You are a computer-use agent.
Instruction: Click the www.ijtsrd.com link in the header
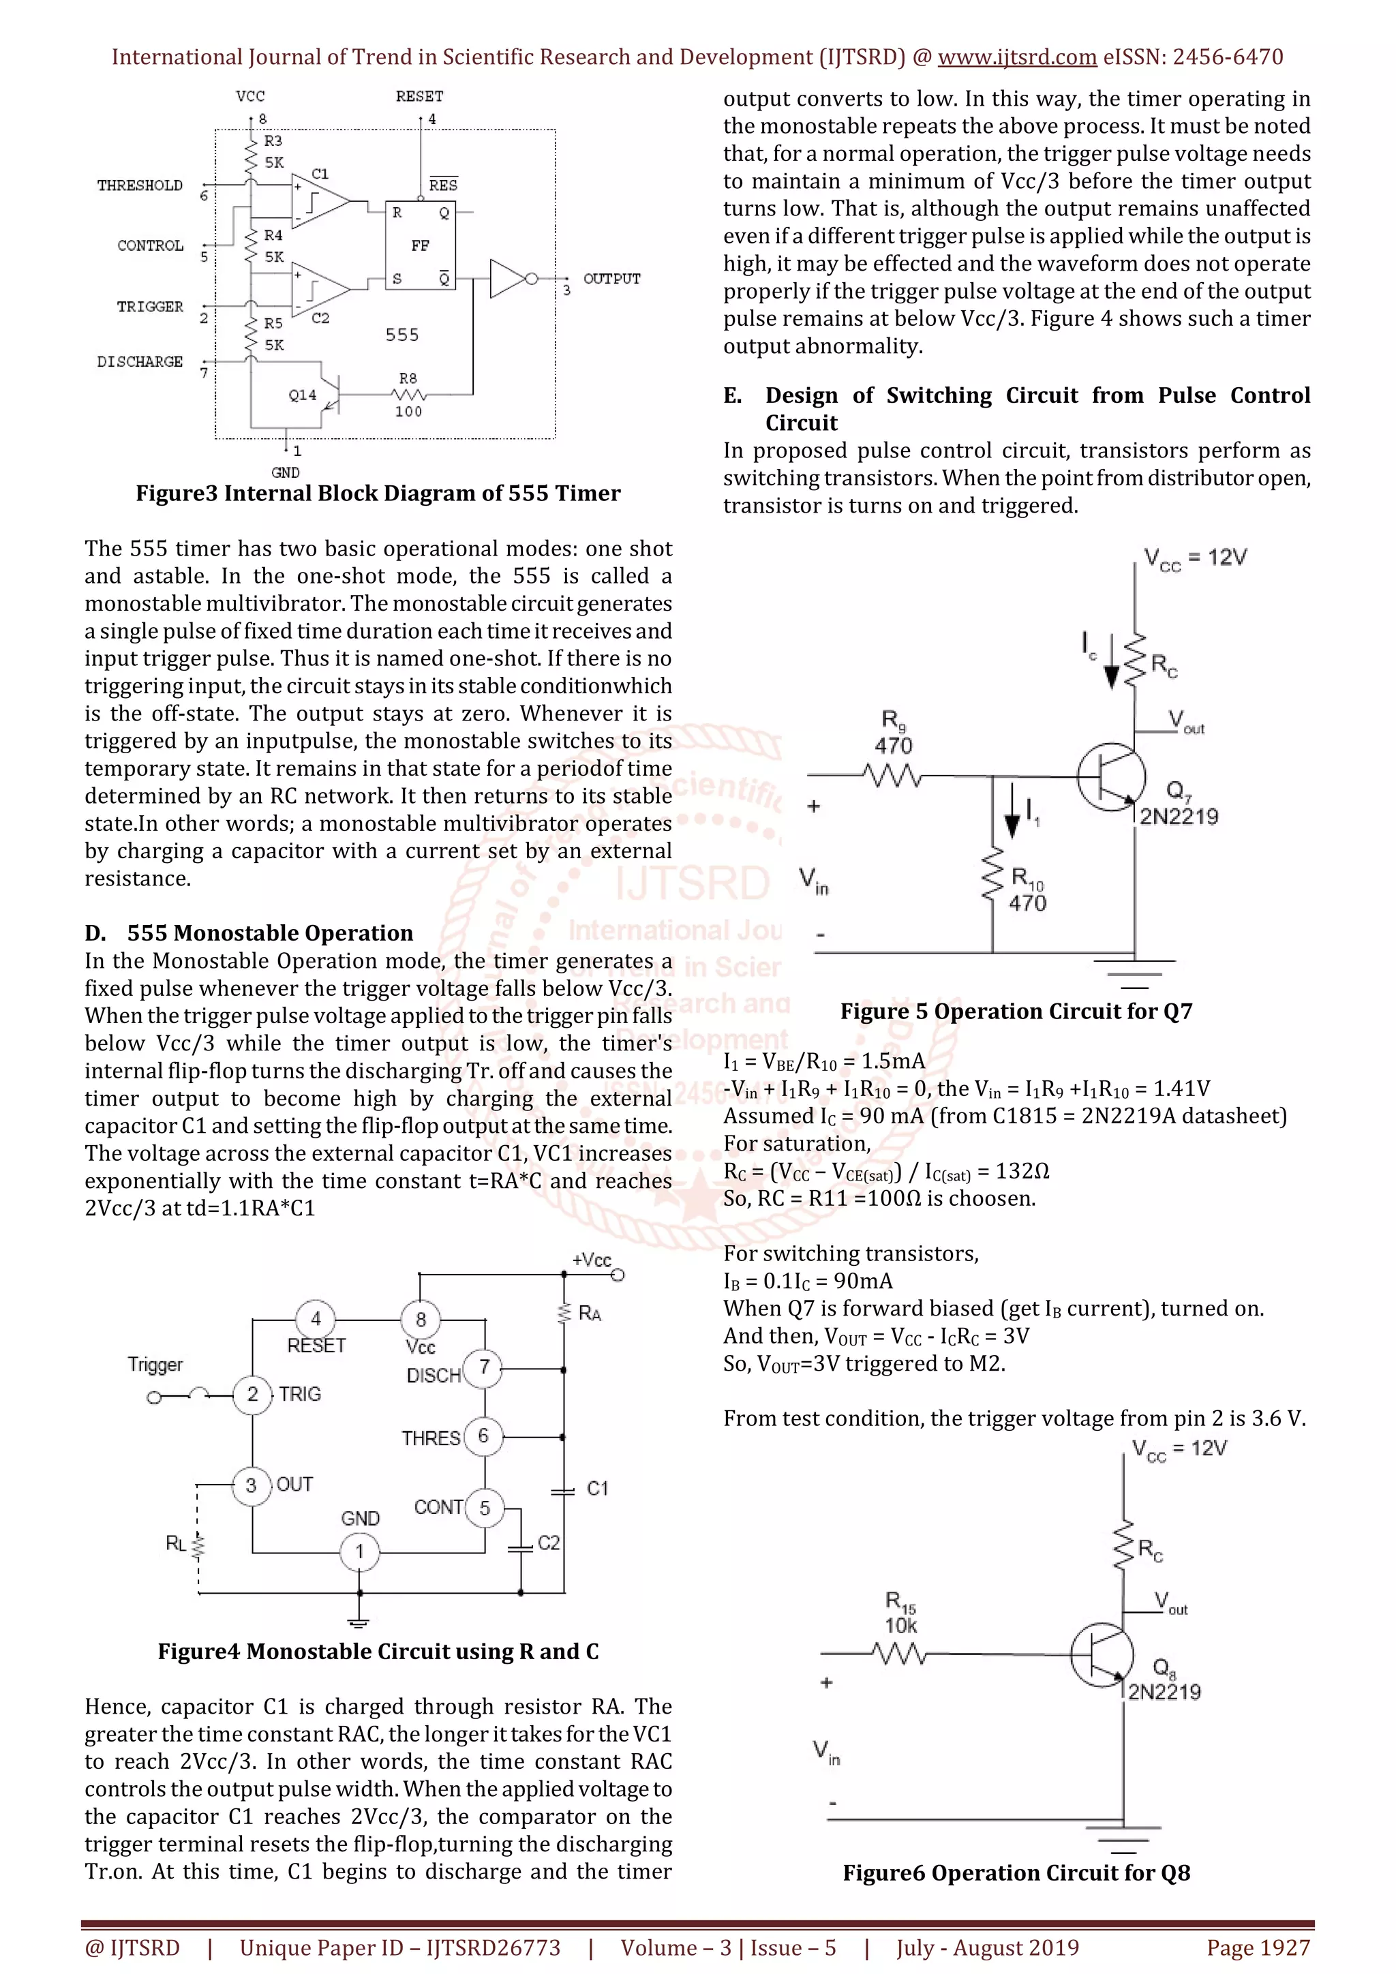[x=1016, y=58]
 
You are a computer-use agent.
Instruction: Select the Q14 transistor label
[x=302, y=395]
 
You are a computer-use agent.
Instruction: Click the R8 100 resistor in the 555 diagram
[x=408, y=395]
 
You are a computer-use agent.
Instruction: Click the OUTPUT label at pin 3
[x=611, y=279]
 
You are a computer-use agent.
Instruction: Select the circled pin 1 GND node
[x=359, y=1552]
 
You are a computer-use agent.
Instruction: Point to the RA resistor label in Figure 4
[x=590, y=1314]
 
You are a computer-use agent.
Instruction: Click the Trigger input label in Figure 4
[x=155, y=1365]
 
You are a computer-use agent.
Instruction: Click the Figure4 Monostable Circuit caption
[x=378, y=1651]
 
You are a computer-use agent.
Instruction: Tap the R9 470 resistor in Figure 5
[x=894, y=776]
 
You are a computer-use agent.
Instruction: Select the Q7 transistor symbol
[x=1110, y=776]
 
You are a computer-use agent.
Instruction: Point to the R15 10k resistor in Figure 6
[x=899, y=1652]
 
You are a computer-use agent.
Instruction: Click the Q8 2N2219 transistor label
[x=1164, y=1681]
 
